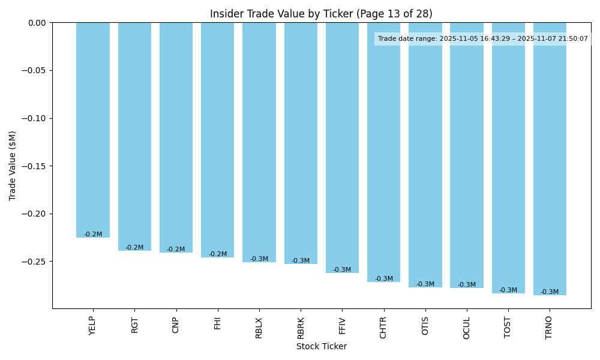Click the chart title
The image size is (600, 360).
point(321,14)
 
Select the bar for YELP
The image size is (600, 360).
point(93,129)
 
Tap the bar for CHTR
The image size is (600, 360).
point(384,150)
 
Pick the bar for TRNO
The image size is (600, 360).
point(550,156)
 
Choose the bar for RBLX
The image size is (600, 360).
point(259,141)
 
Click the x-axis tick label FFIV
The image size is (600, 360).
point(342,325)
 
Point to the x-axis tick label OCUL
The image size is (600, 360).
point(467,328)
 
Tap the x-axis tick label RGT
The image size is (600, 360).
point(134,325)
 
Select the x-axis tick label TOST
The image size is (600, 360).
point(508,328)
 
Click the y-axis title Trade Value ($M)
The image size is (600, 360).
point(13,166)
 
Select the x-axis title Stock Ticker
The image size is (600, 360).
point(321,346)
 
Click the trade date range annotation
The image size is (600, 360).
point(482,39)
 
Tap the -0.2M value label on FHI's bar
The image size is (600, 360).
point(218,254)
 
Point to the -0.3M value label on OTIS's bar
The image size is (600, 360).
point(425,284)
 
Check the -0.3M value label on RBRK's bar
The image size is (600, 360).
point(301,261)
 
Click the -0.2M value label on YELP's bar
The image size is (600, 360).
point(93,235)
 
